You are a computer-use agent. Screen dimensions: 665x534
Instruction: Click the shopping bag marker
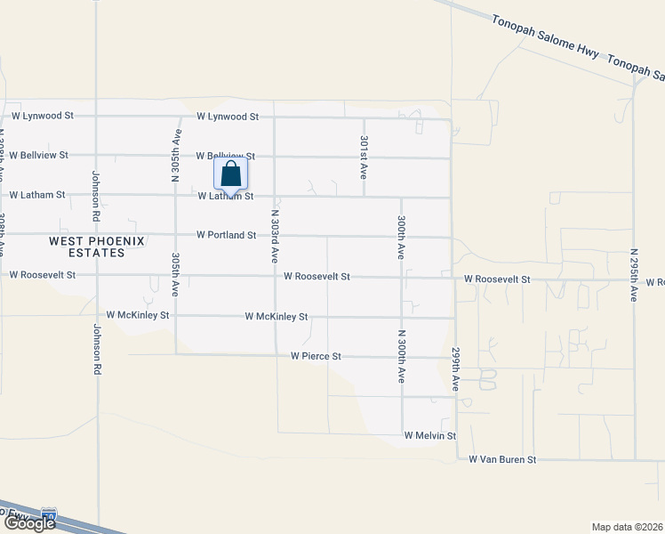coord(230,174)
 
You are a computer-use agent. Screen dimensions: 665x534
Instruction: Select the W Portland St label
coord(227,236)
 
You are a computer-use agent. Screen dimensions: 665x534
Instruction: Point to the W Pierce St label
coord(316,356)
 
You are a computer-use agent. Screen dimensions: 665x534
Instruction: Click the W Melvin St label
coord(429,436)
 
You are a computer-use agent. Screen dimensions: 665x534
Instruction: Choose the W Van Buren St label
coord(503,460)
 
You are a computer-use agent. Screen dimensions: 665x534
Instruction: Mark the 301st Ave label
coord(364,158)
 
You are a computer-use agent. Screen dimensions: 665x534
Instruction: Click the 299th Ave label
coord(455,369)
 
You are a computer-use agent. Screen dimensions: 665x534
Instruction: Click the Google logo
coord(28,522)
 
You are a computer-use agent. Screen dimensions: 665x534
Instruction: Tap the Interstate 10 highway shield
coord(50,515)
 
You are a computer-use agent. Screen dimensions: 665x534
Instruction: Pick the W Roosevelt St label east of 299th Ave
coord(497,279)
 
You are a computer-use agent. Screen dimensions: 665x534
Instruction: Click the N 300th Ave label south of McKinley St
coord(402,354)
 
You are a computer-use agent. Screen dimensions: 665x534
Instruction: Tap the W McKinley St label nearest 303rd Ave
coord(276,316)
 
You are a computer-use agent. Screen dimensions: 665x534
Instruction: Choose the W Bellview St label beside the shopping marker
coord(226,156)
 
